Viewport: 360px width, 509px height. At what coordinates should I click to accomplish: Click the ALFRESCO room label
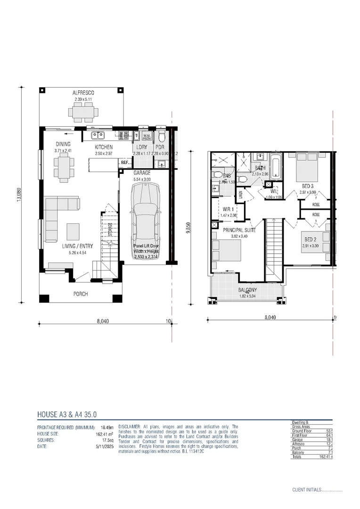[x=83, y=93]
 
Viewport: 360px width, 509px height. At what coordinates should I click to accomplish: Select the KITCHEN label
[x=104, y=147]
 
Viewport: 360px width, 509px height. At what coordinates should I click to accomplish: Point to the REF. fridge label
[x=124, y=163]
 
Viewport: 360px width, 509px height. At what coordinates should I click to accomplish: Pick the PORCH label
[x=80, y=294]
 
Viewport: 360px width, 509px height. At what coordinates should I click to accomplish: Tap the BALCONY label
[x=247, y=290]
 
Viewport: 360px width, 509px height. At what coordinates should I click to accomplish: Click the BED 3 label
[x=308, y=186]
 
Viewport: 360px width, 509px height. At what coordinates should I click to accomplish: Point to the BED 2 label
[x=309, y=239]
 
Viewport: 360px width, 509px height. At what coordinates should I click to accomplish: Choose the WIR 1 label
[x=229, y=209]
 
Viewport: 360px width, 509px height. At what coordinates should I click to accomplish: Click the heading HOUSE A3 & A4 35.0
[x=66, y=415]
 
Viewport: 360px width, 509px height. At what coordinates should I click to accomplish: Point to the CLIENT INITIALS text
[x=306, y=490]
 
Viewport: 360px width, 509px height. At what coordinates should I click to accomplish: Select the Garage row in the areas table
[x=311, y=439]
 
